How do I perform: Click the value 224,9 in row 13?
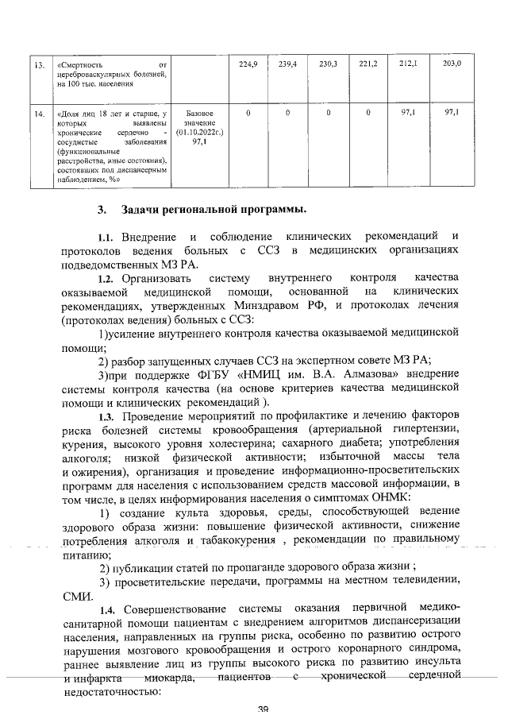(x=248, y=62)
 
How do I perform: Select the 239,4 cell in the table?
(x=288, y=62)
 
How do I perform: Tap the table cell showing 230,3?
(x=328, y=62)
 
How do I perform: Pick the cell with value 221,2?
(x=368, y=62)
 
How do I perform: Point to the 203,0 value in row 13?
(x=452, y=62)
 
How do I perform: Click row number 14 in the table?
(x=37, y=115)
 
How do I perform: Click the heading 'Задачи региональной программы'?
(x=214, y=210)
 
